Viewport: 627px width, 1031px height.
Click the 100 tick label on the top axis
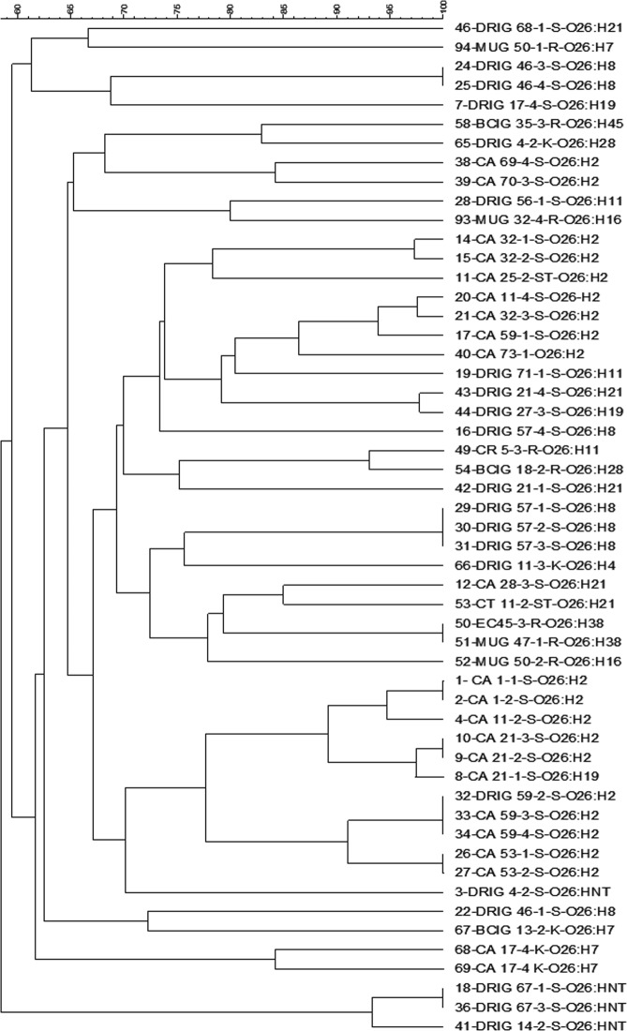(x=443, y=7)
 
